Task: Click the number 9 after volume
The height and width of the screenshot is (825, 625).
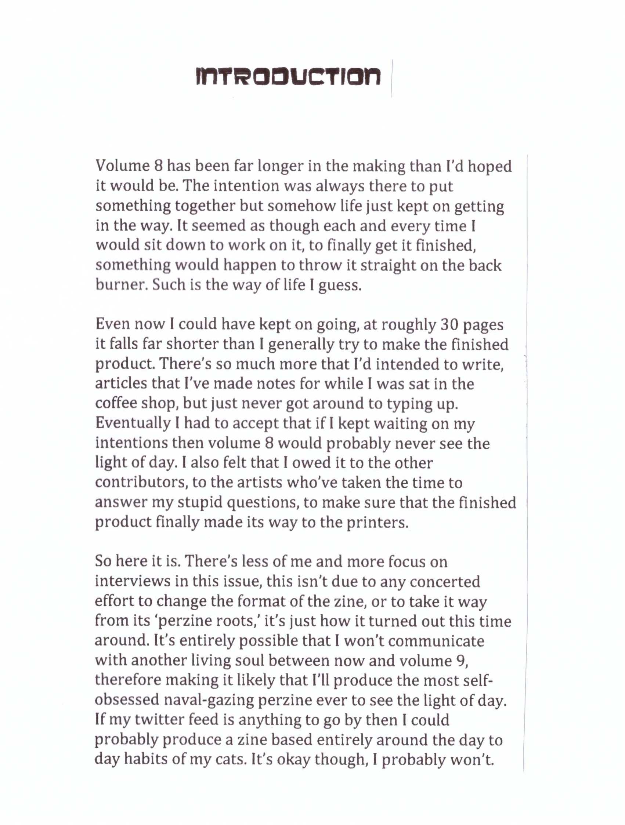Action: point(461,661)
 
